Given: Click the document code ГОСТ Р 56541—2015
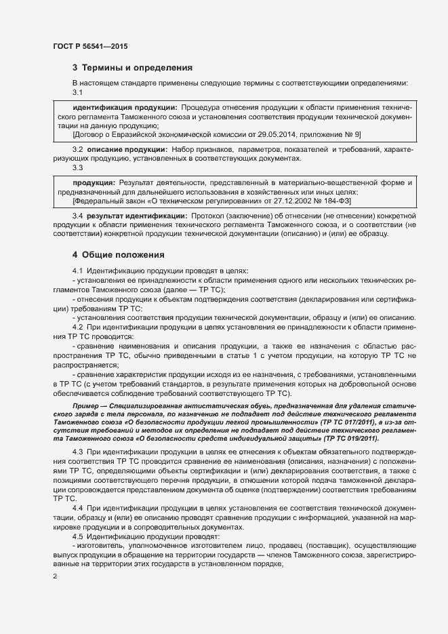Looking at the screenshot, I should pyautogui.click(x=89, y=47).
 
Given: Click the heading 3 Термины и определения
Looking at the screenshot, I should pyautogui.click(x=133, y=68).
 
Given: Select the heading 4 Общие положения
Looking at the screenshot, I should pyautogui.click(x=119, y=255).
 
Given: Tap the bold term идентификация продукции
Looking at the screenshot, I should pyautogui.click(x=125, y=108).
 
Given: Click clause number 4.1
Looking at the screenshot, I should pyautogui.click(x=78, y=271).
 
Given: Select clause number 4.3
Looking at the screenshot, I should pyautogui.click(x=78, y=452).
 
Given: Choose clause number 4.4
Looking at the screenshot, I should pyautogui.click(x=78, y=508).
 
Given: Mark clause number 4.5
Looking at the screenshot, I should pyautogui.click(x=78, y=536).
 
